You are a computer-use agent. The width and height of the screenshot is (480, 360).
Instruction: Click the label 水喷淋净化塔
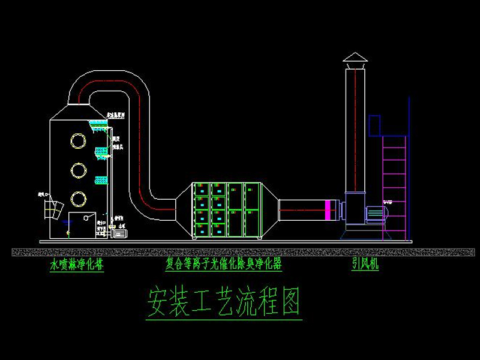point(76,264)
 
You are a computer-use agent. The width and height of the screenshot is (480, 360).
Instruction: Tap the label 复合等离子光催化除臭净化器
point(224,264)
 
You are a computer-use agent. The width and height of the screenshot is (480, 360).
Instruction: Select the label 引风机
point(365,264)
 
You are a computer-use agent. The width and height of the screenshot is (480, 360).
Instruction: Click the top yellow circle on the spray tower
point(78,140)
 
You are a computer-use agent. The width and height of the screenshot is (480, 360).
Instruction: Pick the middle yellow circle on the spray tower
point(78,170)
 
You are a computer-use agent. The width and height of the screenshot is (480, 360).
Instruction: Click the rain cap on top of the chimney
point(355,58)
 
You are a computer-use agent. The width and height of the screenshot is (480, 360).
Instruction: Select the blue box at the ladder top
point(375,125)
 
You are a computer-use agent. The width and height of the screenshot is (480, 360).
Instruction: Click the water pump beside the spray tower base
point(122,232)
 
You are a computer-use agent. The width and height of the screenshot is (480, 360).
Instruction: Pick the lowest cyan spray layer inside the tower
point(100,179)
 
